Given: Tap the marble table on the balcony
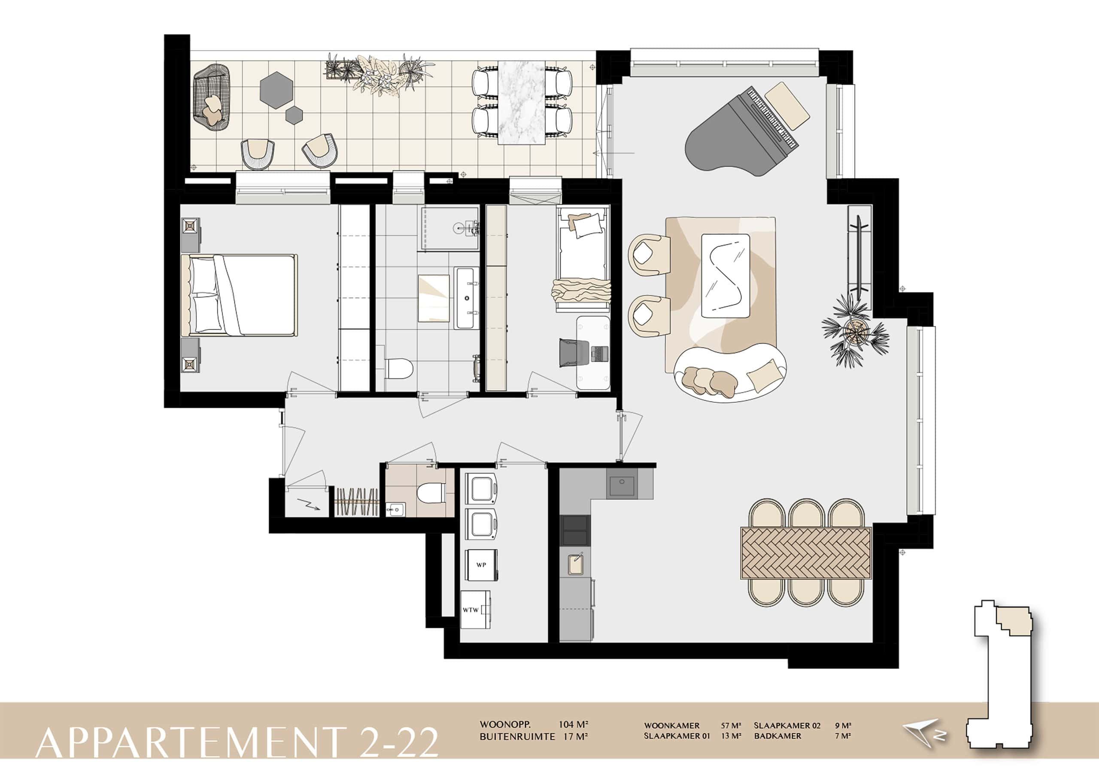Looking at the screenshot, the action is (x=522, y=103).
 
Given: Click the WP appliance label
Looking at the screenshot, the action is (x=481, y=565).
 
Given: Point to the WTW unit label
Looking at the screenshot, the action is (x=470, y=610).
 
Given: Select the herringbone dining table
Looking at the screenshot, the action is (x=806, y=553).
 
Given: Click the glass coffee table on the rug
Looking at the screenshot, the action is (x=725, y=275).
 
